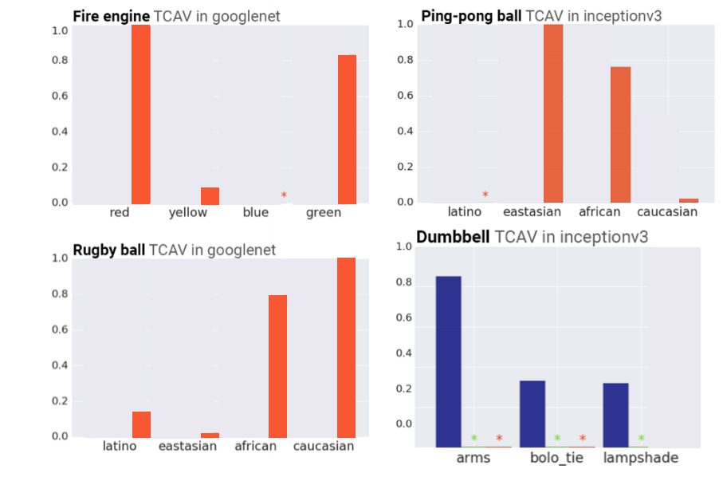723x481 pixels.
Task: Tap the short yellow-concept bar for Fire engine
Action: [x=210, y=195]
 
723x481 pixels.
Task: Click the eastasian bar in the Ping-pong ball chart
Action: [x=553, y=112]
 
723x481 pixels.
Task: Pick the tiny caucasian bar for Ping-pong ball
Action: [x=689, y=200]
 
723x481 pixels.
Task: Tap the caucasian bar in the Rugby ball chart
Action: [x=346, y=347]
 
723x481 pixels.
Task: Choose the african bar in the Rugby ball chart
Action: [x=277, y=366]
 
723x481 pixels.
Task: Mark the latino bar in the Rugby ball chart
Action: [x=141, y=424]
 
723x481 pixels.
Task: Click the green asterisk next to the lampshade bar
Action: [x=641, y=438]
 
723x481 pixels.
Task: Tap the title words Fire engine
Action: [x=111, y=16]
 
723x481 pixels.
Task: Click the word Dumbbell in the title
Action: [x=453, y=236]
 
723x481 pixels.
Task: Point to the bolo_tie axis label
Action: [x=556, y=458]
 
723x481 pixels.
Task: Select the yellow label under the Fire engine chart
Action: [x=187, y=212]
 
